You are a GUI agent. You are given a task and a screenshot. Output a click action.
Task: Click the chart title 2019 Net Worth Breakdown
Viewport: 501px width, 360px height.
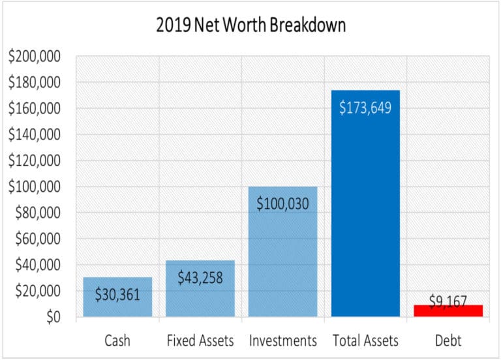coord(250,25)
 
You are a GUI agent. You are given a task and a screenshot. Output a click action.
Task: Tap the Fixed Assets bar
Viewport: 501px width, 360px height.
coord(200,300)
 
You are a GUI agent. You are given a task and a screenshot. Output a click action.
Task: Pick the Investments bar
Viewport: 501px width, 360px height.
coord(282,261)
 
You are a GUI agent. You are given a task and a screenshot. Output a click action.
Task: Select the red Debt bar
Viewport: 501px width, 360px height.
coord(448,311)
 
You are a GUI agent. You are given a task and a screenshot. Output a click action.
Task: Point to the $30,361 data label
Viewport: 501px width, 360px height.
coord(117,294)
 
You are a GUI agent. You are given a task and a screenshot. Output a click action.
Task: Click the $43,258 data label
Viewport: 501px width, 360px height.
coord(200,277)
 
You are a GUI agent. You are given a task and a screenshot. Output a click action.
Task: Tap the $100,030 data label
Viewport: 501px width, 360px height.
coord(282,203)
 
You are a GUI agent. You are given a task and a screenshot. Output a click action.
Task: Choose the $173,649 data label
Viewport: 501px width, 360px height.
coord(365,108)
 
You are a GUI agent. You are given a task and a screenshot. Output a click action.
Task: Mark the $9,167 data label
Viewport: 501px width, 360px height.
coord(448,301)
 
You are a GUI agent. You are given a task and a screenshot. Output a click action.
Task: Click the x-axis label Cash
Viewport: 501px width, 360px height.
coord(117,340)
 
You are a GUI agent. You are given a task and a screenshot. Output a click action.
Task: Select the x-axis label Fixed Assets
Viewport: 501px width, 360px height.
coord(200,340)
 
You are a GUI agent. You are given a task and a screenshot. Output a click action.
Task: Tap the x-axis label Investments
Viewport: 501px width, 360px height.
coord(282,340)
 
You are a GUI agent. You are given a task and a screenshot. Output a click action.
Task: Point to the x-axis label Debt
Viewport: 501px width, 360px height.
coord(448,340)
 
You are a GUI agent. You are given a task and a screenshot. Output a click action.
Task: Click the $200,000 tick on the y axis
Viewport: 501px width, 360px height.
coord(35,57)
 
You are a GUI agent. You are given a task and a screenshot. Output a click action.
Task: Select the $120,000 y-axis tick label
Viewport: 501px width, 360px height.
coord(35,161)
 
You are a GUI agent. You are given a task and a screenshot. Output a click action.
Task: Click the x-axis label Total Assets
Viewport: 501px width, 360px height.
coord(365,340)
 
